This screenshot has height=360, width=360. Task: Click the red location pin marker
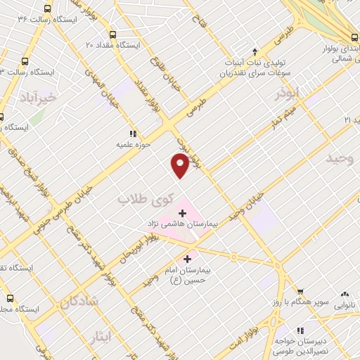(x=180, y=166)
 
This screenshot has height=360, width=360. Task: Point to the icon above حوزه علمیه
(x=131, y=134)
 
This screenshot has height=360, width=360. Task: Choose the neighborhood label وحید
(x=338, y=159)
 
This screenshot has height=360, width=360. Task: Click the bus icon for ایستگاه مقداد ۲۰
(x=112, y=34)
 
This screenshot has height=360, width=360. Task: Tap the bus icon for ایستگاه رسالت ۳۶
(x=47, y=9)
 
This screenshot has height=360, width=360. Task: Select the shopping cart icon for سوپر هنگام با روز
(x=300, y=292)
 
